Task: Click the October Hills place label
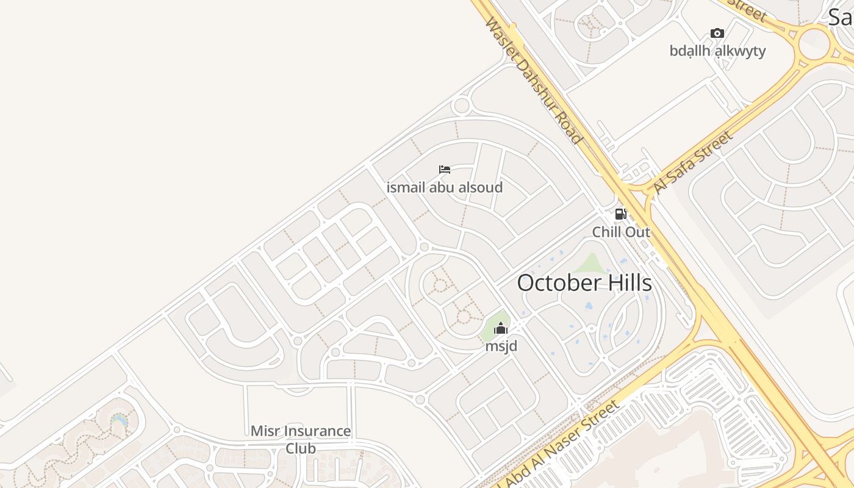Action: pyautogui.click(x=584, y=283)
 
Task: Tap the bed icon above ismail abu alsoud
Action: pyautogui.click(x=445, y=169)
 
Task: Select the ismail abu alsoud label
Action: pyautogui.click(x=445, y=187)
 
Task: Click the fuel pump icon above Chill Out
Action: pyautogui.click(x=620, y=214)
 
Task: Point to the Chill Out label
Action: pyautogui.click(x=621, y=232)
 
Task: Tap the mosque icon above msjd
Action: pyautogui.click(x=501, y=329)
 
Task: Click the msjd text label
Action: pyautogui.click(x=501, y=346)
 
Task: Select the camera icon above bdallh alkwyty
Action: pyautogui.click(x=717, y=33)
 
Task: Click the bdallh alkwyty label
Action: pyautogui.click(x=717, y=51)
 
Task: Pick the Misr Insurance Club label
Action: pyautogui.click(x=301, y=439)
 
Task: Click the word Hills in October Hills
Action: pyautogui.click(x=626, y=283)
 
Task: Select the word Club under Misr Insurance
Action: pyautogui.click(x=301, y=448)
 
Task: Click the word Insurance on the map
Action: pyautogui.click(x=318, y=431)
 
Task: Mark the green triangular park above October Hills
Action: pyautogui.click(x=589, y=264)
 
